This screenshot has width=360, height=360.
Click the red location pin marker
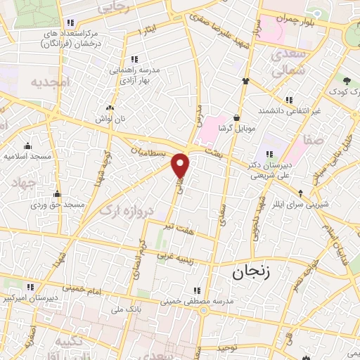[181, 165]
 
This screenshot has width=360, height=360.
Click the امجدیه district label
[50, 83]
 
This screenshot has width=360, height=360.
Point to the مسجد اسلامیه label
[27, 155]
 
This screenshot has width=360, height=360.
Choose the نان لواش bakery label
[110, 120]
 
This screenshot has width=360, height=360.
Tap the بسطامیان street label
[150, 152]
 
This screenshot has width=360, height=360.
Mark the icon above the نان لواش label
[110, 108]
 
